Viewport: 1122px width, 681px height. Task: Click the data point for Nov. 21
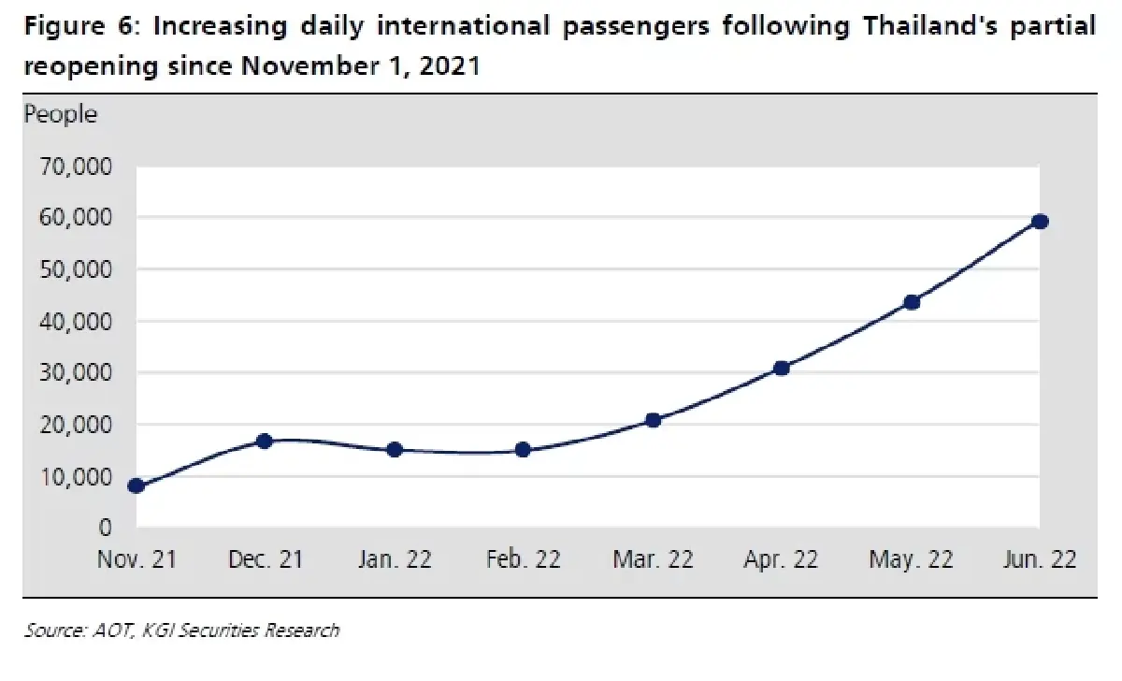point(137,485)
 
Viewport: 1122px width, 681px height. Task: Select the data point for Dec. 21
point(264,441)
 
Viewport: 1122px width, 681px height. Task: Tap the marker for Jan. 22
point(395,450)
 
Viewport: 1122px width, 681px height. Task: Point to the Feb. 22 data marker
point(523,450)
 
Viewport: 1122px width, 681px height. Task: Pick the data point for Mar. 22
point(653,420)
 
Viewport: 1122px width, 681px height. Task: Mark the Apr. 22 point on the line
point(782,369)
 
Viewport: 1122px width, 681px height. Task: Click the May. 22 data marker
point(912,302)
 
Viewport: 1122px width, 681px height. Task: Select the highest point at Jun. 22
point(1041,222)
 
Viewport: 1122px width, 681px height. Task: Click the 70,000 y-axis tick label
point(76,167)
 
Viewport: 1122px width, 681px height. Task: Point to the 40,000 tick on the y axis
point(76,321)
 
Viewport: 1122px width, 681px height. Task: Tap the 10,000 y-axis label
point(76,476)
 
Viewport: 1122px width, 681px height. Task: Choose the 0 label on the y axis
point(105,528)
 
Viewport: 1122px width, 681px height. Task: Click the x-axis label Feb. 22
point(523,558)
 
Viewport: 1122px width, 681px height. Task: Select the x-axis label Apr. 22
point(781,559)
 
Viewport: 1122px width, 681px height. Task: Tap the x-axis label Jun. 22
point(1040,558)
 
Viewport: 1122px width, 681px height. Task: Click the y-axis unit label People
point(61,115)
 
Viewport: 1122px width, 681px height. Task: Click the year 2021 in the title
point(450,65)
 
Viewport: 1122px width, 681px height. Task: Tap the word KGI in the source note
point(158,630)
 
